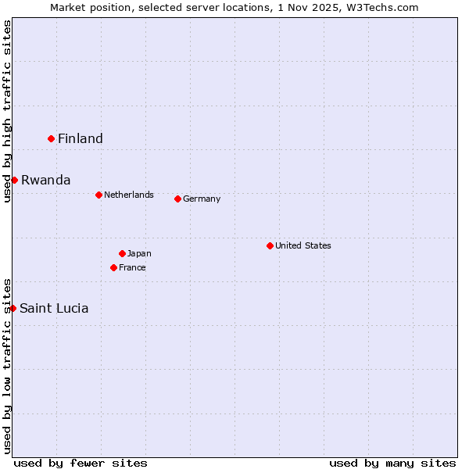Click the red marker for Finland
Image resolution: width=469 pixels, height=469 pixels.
coord(52,138)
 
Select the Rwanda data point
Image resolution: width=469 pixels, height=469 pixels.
coord(14,180)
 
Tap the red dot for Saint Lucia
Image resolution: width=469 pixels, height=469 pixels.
coord(13,308)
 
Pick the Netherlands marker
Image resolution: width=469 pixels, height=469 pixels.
coord(98,195)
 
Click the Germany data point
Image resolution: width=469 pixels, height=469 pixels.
coord(177,199)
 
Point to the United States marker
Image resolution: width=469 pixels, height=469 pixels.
coord(270,245)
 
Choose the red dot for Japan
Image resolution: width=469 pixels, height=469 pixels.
coord(122,253)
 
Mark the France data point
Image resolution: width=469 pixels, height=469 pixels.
coord(113,267)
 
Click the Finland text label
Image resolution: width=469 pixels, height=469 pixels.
coord(81,138)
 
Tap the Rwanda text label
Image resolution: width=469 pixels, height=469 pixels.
coord(46,180)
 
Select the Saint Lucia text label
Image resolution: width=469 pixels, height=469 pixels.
coord(54,308)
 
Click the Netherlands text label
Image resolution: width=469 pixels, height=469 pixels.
coord(129,195)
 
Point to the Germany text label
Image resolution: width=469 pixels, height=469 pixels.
coord(202,199)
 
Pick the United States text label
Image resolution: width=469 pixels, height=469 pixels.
coord(303,245)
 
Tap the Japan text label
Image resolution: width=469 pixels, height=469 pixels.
coord(139,253)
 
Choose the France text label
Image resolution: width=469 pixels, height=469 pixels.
coord(132,267)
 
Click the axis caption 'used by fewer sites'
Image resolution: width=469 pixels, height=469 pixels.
coord(81,463)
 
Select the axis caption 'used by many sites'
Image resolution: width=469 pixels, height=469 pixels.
coord(392,463)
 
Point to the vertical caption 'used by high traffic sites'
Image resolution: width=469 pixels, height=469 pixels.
coord(7,111)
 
